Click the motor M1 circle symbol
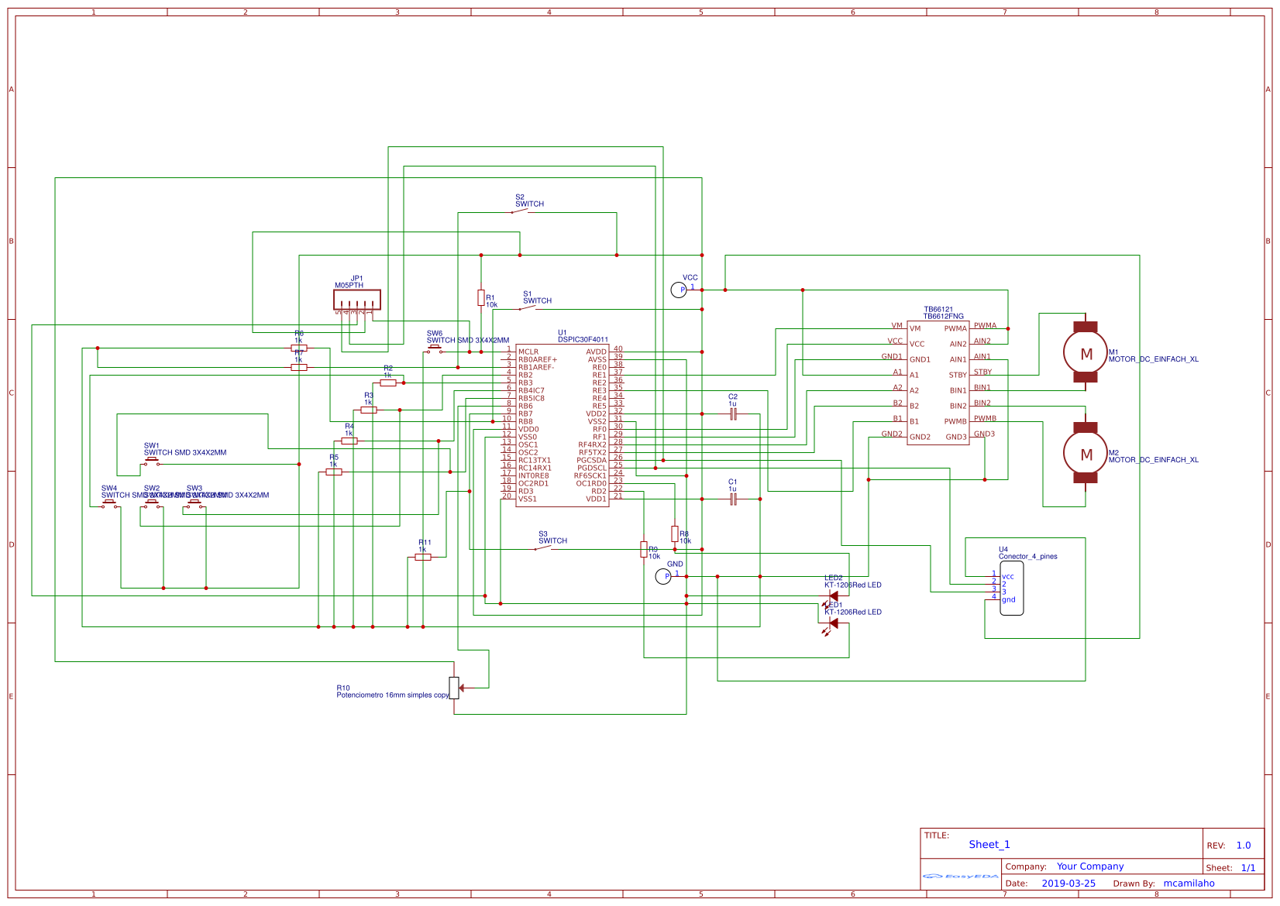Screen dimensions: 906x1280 tap(1086, 354)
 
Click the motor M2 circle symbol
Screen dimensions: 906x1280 tap(1086, 455)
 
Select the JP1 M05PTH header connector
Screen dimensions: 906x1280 tap(357, 300)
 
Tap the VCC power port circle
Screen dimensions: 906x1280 tap(678, 290)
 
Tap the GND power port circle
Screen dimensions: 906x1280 tap(662, 576)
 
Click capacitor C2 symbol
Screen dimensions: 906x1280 tap(733, 414)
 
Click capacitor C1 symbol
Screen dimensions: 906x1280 tap(733, 499)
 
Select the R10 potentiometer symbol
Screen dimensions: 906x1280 tap(455, 688)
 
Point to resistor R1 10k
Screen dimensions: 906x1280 tap(481, 298)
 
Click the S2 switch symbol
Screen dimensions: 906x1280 tap(520, 211)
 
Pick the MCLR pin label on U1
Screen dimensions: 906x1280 tap(528, 352)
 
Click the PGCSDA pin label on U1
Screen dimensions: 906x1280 tap(591, 460)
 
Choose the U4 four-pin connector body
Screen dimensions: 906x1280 tap(1011, 589)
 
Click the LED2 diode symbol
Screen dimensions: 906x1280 tap(833, 596)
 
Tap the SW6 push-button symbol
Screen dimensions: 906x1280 tap(435, 350)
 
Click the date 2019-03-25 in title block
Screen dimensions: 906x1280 tap(1068, 884)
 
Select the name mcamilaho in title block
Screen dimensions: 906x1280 tap(1189, 884)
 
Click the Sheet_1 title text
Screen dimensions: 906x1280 tap(989, 845)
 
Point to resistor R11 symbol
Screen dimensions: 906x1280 tap(423, 557)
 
